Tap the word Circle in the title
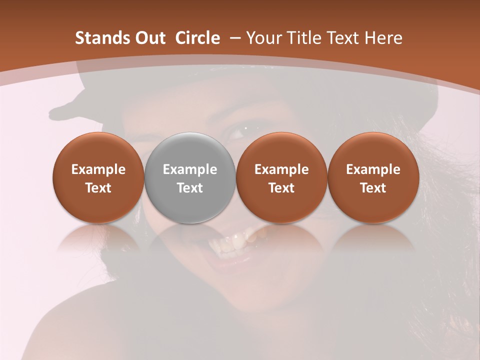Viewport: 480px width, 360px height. pyautogui.click(x=197, y=38)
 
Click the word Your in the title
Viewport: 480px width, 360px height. pyautogui.click(x=262, y=38)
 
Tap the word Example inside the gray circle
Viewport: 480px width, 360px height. pyautogui.click(x=190, y=169)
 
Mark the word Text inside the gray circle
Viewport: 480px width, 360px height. pyautogui.click(x=190, y=188)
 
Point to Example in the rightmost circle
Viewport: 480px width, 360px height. pyautogui.click(x=373, y=169)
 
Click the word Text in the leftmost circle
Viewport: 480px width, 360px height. pyautogui.click(x=98, y=188)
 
